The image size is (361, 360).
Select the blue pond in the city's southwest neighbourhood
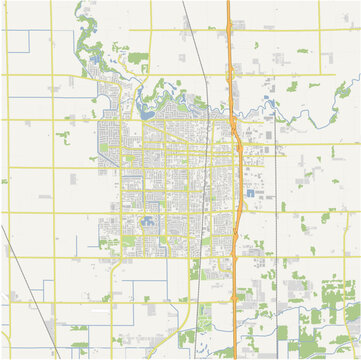coord(148,221)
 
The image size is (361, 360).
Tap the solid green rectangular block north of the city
coord(138,58)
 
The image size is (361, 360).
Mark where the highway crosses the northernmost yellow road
coord(229,29)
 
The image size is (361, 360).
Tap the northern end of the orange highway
coord(229,3)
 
